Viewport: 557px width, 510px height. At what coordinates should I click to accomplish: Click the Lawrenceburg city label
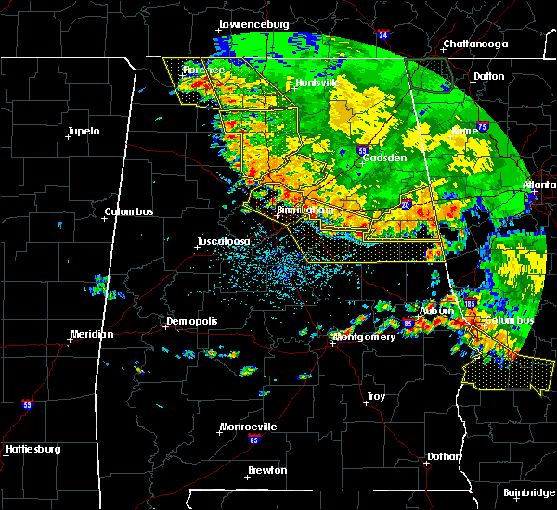(255, 24)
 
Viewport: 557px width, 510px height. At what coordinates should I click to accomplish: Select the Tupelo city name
(84, 131)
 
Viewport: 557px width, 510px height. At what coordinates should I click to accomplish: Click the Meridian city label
(92, 334)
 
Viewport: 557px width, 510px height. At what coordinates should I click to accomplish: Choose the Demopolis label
(192, 321)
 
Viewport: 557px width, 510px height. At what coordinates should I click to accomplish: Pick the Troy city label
(376, 397)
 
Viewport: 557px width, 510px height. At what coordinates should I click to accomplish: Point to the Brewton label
(267, 470)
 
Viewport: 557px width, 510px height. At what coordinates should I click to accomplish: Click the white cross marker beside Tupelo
(68, 137)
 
